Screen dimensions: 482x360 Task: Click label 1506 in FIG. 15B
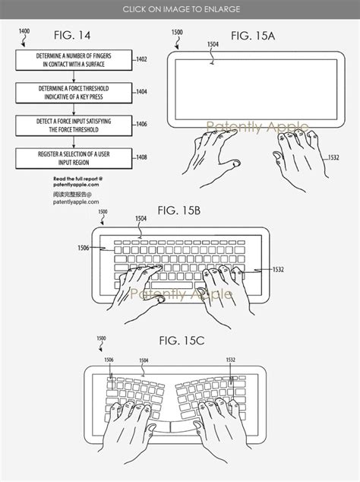pyautogui.click(x=81, y=247)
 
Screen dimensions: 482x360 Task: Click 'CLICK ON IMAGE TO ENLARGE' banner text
pyautogui.click(x=180, y=9)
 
